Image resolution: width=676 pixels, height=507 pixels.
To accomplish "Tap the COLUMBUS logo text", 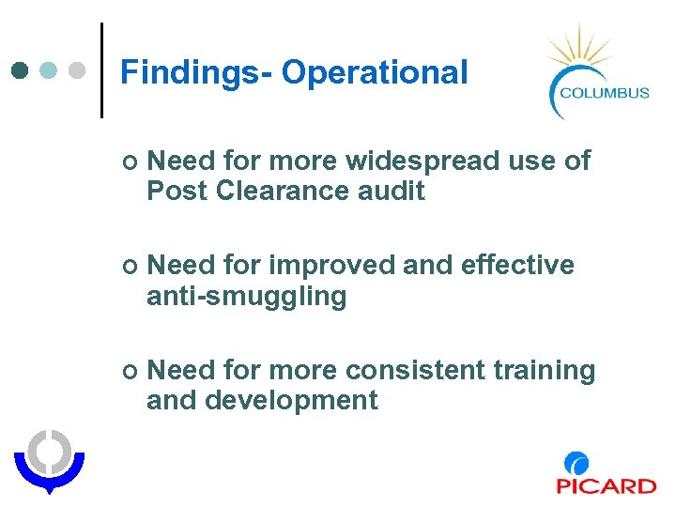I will (x=604, y=92).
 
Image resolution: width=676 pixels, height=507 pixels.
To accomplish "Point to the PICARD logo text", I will (x=606, y=485).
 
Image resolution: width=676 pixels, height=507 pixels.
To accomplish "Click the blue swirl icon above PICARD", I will (x=576, y=463).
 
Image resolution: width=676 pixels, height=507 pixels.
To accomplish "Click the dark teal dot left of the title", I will (x=21, y=70).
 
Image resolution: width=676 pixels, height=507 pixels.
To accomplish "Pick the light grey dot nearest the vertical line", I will (x=79, y=70).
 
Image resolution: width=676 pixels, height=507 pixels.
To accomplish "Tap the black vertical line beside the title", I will (x=101, y=70).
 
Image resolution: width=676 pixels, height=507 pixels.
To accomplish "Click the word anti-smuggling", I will (x=246, y=297).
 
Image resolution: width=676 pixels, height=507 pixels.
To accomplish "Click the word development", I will (x=291, y=401).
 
